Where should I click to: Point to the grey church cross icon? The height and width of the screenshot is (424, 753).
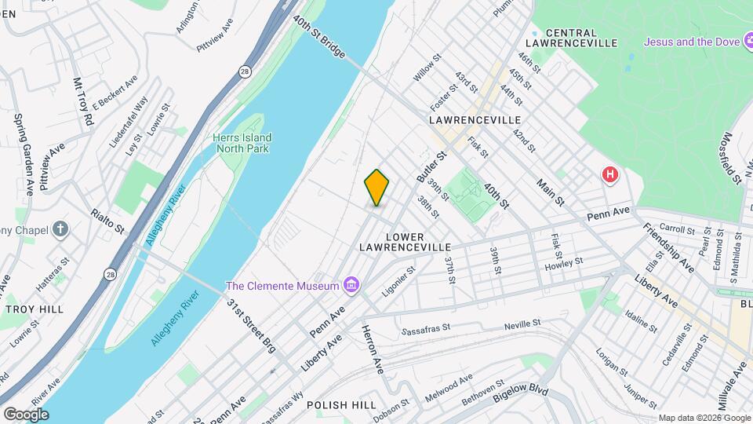(x=60, y=229)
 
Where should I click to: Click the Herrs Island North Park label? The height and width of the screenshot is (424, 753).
(x=241, y=142)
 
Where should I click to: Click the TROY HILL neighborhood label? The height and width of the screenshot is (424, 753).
(x=35, y=309)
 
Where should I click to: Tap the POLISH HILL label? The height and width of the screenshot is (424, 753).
(x=338, y=405)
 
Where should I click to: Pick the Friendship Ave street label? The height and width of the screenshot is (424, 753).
(x=668, y=247)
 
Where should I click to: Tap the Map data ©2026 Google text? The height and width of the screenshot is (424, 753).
(x=704, y=418)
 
